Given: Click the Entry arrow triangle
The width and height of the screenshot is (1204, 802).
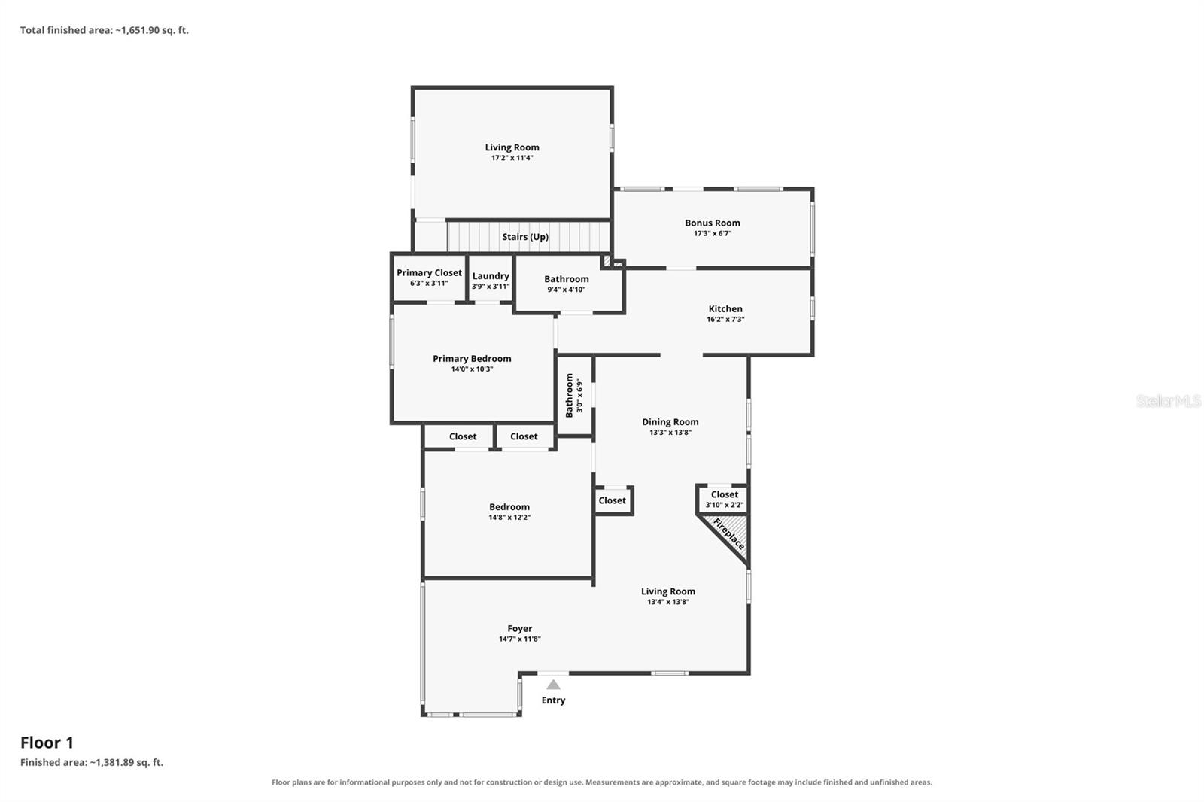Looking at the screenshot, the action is (x=553, y=685).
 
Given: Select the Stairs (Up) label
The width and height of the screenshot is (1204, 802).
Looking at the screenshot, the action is (x=525, y=236).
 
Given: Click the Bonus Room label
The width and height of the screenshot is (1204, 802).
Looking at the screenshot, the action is (x=712, y=223).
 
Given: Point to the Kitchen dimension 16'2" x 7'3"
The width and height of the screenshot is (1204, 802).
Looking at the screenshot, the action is (x=725, y=319).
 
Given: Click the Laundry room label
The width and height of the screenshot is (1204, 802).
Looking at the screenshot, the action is (x=491, y=276).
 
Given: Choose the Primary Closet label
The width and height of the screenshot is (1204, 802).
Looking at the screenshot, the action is (x=429, y=272).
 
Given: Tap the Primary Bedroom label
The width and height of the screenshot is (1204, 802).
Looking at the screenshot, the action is (x=472, y=359).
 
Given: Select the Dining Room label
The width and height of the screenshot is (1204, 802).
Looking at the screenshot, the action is (x=670, y=422).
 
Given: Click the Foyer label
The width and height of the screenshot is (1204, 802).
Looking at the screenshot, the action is (x=520, y=628).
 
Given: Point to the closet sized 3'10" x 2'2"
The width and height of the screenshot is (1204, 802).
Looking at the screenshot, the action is (x=724, y=499).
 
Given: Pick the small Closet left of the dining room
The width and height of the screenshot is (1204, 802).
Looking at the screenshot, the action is (x=613, y=500).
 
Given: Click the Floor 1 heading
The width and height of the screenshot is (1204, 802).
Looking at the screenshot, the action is (x=47, y=743).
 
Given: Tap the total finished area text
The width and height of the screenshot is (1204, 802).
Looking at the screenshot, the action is (x=105, y=30).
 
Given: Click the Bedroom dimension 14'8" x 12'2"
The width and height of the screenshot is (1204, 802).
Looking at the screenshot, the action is (x=509, y=517).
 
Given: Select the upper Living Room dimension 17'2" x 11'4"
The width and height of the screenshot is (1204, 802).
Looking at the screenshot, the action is (x=512, y=157).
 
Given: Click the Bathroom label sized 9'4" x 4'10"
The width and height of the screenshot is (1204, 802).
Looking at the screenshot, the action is (x=567, y=284).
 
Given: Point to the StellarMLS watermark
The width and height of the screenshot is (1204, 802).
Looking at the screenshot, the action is (x=1168, y=400).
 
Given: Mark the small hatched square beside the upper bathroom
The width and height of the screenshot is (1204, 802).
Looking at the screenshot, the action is (x=607, y=261).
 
